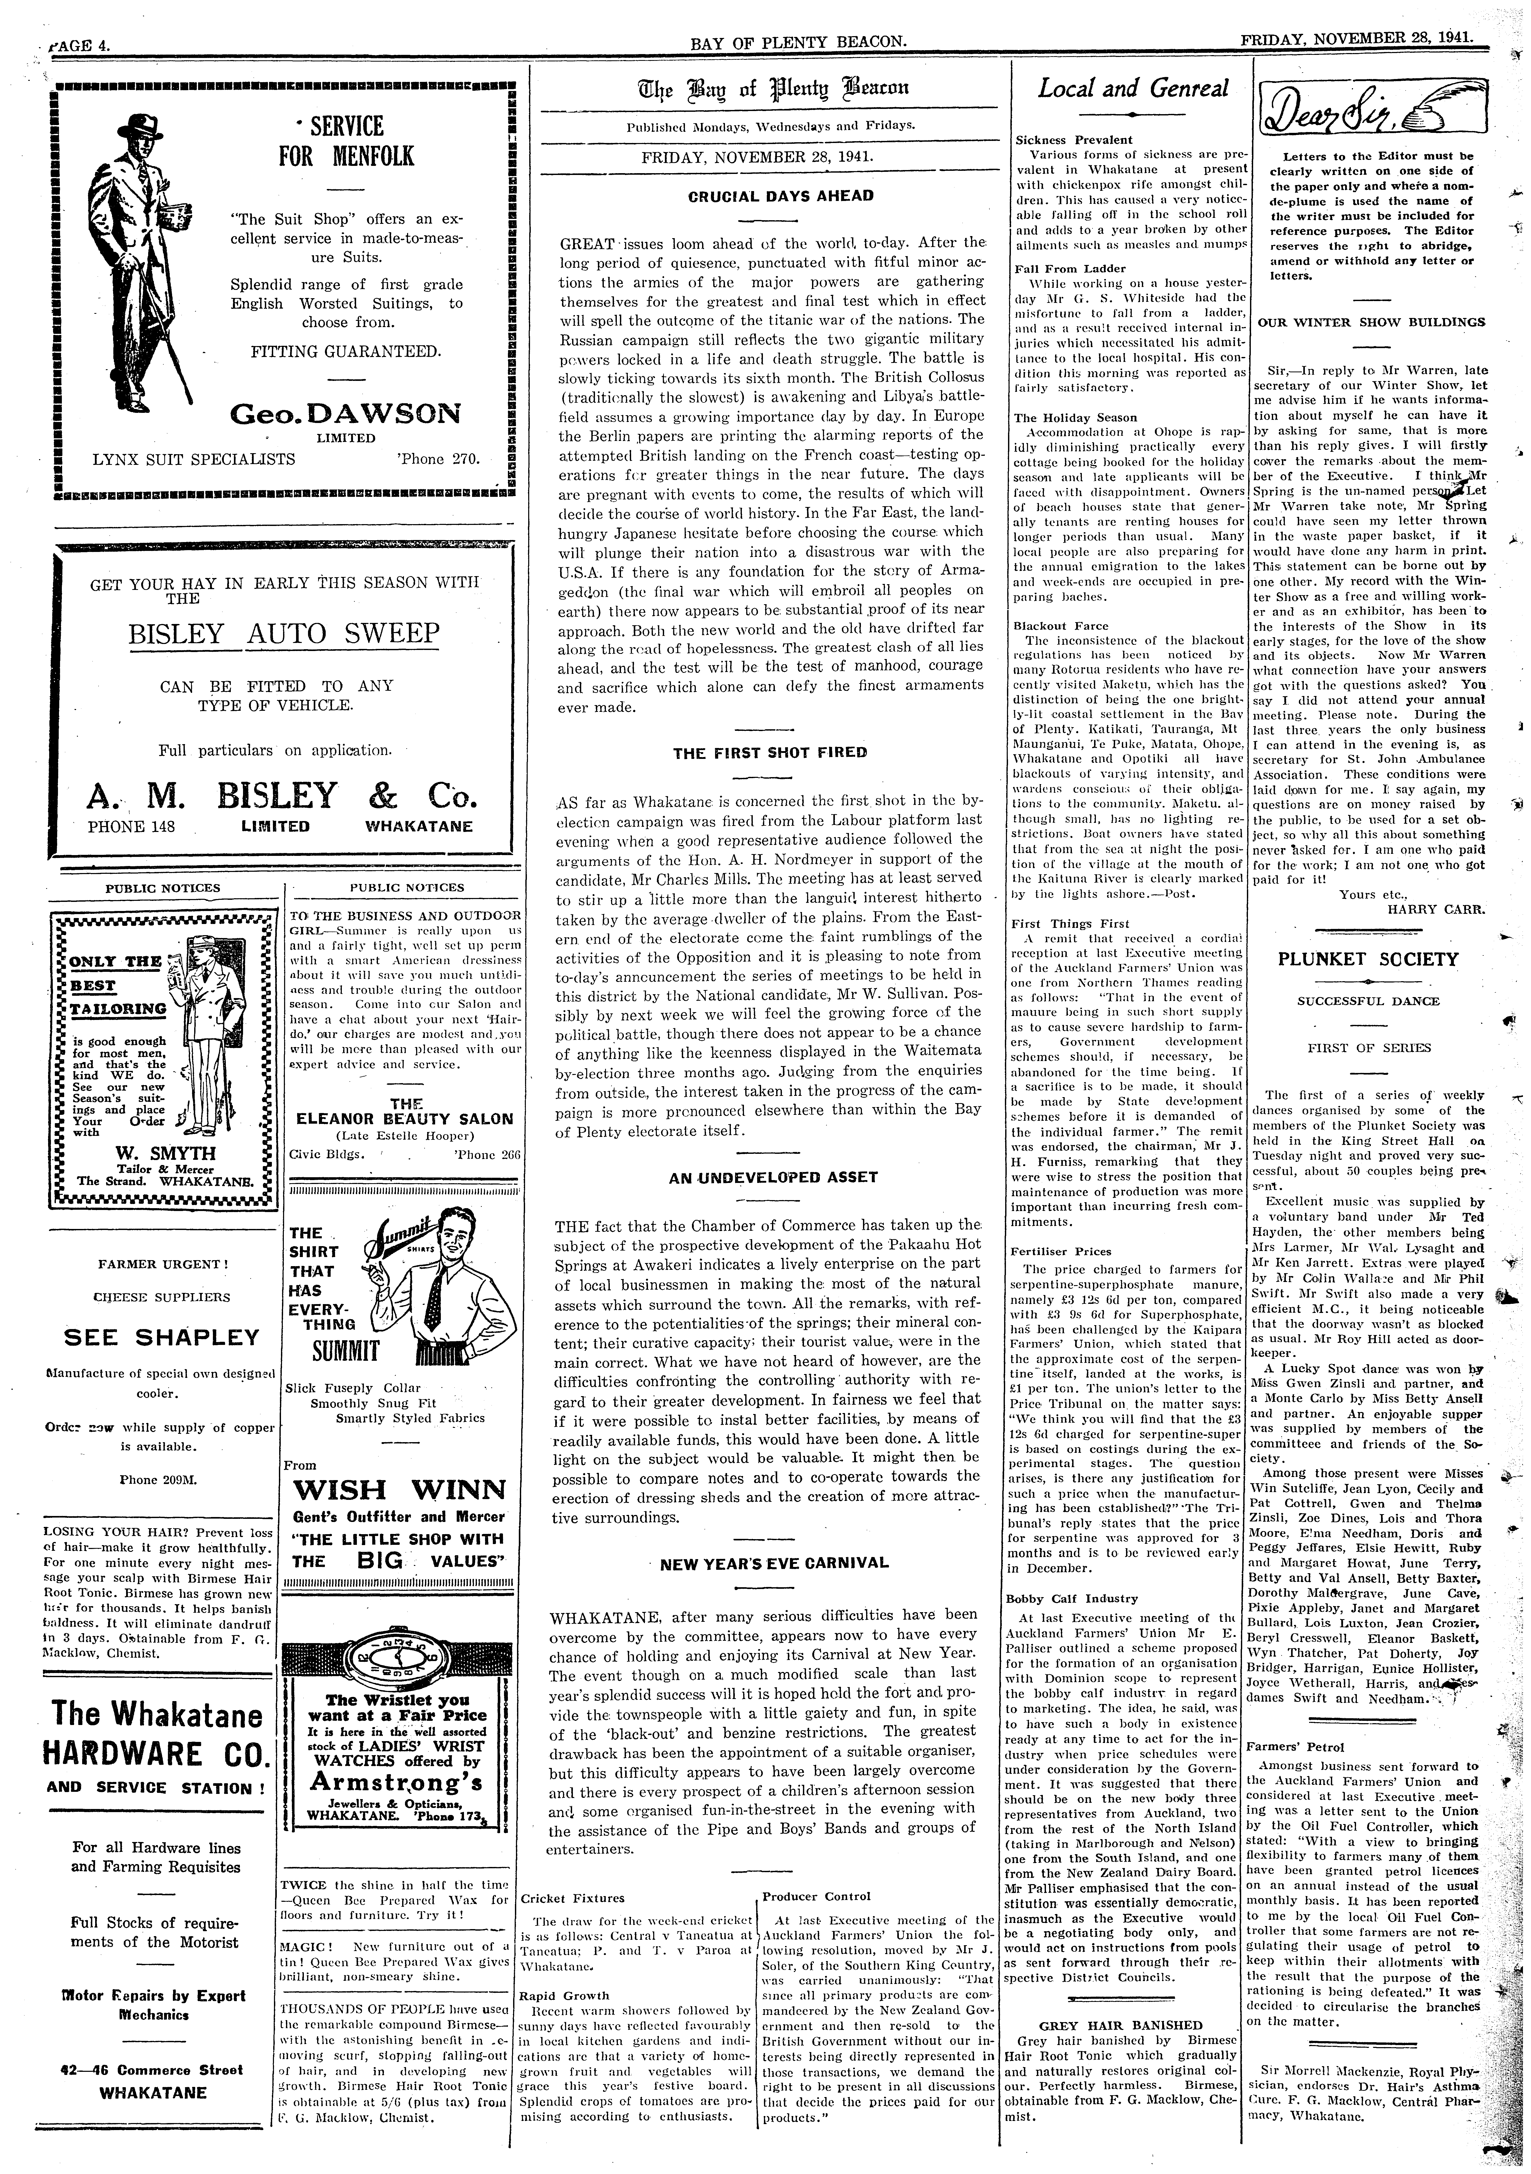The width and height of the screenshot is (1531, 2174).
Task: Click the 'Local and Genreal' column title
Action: (x=1133, y=89)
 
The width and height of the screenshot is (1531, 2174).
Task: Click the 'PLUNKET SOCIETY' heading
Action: (x=1368, y=959)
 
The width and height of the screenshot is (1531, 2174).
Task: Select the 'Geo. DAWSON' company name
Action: (x=346, y=414)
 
